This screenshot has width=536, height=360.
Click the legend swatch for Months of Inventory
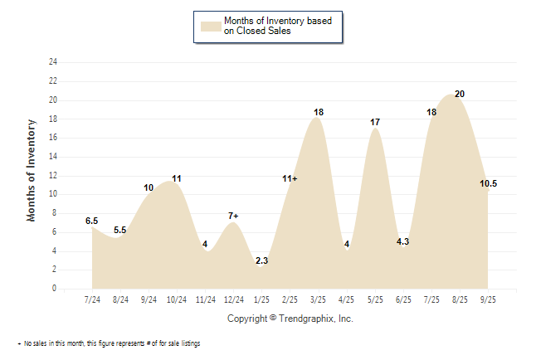[211, 25]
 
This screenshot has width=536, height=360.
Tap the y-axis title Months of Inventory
[32, 170]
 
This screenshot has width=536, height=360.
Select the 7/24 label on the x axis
[92, 299]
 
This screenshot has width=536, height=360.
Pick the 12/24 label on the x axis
[233, 299]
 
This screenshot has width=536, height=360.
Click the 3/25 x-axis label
[318, 299]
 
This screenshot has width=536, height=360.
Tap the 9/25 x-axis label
[487, 299]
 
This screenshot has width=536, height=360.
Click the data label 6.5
[91, 221]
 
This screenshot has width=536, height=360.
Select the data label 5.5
[120, 230]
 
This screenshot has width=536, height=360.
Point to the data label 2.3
[261, 260]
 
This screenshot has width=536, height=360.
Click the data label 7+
[233, 216]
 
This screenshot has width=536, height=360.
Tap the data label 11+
[290, 178]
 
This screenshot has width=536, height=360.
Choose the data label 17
[375, 122]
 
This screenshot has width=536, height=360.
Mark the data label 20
[460, 94]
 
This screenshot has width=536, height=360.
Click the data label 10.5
[488, 183]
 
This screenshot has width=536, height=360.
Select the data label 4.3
[403, 241]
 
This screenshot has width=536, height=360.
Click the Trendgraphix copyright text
[290, 319]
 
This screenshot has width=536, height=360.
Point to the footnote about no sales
[109, 343]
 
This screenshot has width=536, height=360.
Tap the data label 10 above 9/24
[149, 187]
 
